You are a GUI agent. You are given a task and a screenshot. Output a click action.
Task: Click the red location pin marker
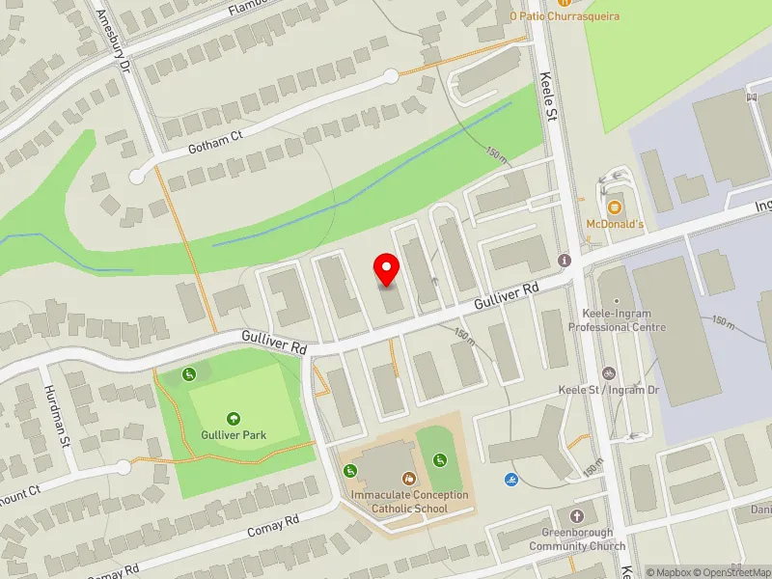[387, 269]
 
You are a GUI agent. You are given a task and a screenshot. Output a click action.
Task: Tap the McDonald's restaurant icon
[614, 207]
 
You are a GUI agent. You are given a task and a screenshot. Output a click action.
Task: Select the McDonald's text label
[614, 224]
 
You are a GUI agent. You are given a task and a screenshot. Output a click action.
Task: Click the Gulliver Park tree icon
[234, 418]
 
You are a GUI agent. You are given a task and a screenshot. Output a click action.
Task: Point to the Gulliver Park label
[234, 435]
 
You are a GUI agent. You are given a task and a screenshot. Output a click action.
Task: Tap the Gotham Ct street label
[215, 145]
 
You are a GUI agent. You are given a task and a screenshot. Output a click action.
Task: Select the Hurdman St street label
[56, 416]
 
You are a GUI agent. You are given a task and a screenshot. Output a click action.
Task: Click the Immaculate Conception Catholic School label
[410, 502]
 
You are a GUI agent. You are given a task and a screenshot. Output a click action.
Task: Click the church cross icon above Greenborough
[577, 517]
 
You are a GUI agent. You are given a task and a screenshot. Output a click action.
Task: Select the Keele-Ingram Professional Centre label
[631, 321]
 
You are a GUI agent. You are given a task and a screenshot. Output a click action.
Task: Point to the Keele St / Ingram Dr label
[609, 390]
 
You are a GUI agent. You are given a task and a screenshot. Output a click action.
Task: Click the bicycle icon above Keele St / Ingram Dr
[608, 372]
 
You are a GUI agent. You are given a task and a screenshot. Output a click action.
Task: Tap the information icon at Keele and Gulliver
[565, 261]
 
